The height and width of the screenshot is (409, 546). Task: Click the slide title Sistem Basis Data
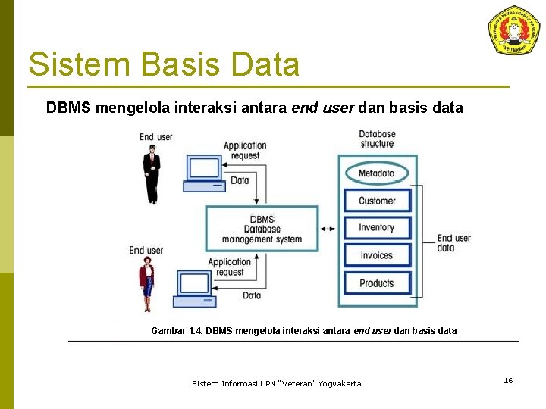tap(164, 64)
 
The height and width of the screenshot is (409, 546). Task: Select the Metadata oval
tap(377, 173)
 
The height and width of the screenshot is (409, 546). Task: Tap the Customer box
tap(377, 201)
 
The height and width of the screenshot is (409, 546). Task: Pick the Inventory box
tap(377, 227)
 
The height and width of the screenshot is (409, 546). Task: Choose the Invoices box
tap(377, 255)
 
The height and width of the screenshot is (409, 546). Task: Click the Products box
tap(377, 283)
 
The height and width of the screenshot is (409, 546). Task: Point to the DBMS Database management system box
tap(262, 229)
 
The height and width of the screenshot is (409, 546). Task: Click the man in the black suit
tap(152, 174)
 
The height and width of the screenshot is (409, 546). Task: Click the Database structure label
tap(377, 139)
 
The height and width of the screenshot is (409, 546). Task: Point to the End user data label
tap(453, 243)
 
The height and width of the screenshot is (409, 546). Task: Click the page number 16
tap(508, 380)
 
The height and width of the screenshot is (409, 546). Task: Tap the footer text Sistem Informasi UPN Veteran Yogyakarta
tap(277, 384)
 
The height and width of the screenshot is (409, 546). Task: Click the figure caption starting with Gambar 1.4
tap(304, 330)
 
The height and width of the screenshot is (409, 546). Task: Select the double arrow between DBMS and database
tap(328, 229)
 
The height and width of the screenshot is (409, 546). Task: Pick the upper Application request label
tap(245, 150)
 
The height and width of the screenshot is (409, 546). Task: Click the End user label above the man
tap(156, 137)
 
